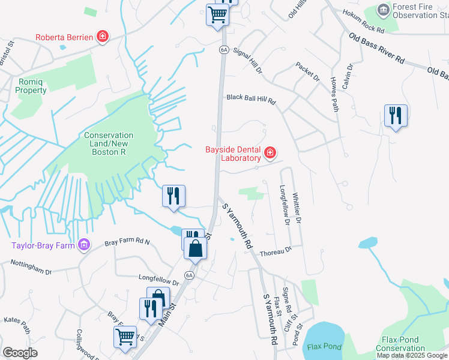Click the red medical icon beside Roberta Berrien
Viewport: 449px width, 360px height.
coord(103,37)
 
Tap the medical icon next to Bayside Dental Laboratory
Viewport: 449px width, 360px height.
coord(270,154)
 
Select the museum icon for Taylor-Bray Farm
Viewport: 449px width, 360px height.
coord(84,244)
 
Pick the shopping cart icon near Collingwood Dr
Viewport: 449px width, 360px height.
coord(125,337)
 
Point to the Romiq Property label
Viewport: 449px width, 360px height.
coord(31,86)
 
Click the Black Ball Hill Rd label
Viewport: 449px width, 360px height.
coord(250,100)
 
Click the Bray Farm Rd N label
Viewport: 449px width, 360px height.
coord(127,242)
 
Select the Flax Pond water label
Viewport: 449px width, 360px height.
coord(324,346)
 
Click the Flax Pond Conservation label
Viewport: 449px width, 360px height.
coord(400,344)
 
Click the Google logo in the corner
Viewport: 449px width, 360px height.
coord(20,353)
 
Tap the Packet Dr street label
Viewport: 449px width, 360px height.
coord(307,71)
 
